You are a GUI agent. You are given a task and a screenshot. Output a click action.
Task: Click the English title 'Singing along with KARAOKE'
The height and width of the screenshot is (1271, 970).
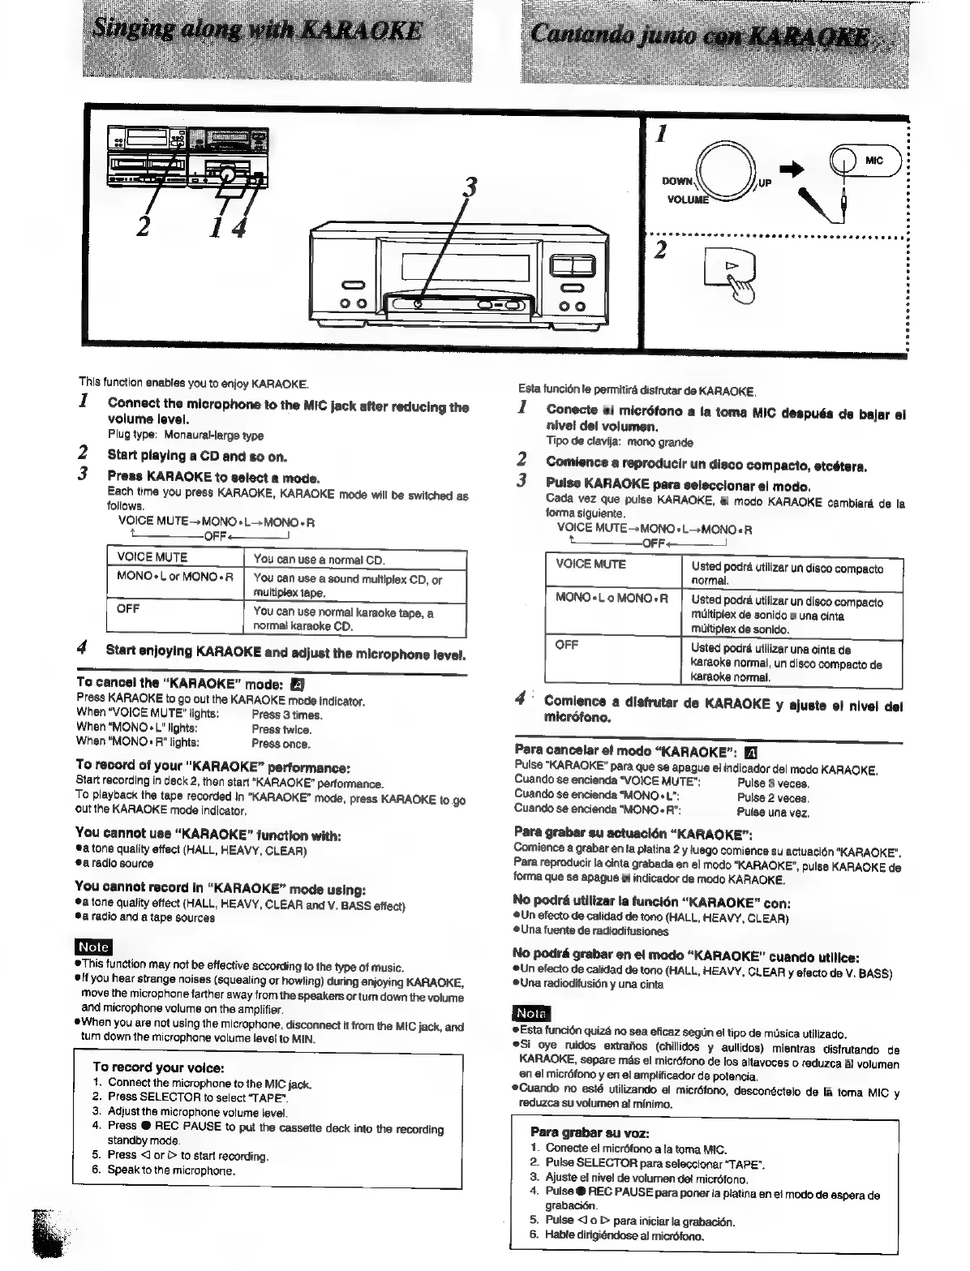pyautogui.click(x=259, y=32)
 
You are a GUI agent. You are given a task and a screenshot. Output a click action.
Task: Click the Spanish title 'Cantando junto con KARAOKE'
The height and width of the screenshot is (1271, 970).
pyautogui.click(x=700, y=36)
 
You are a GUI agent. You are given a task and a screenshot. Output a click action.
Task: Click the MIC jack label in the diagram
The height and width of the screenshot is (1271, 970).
pyautogui.click(x=873, y=160)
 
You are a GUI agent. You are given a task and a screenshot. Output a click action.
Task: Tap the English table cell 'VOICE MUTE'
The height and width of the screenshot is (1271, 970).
pyautogui.click(x=152, y=558)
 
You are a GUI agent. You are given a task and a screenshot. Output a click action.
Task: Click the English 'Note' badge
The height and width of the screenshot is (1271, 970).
pyautogui.click(x=92, y=947)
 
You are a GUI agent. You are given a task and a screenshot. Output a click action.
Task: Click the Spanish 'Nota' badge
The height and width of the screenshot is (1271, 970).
pyautogui.click(x=531, y=1013)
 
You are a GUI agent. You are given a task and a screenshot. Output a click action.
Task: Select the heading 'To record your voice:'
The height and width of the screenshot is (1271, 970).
pyautogui.click(x=158, y=1067)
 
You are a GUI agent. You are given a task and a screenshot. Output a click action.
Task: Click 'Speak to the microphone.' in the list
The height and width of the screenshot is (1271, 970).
pyautogui.click(x=171, y=1170)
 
